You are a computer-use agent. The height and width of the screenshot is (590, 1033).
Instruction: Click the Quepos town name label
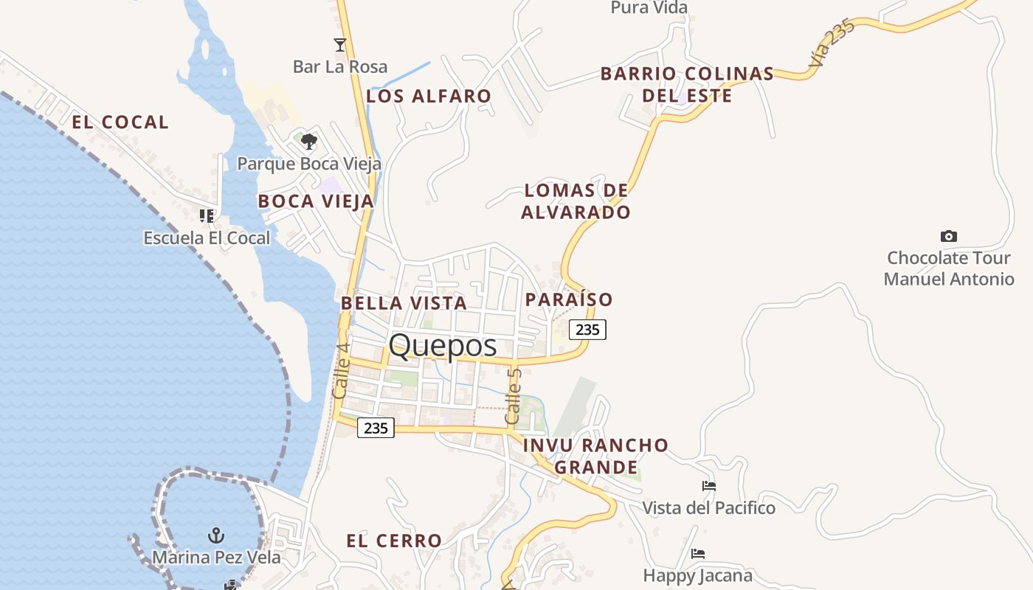tap(443, 345)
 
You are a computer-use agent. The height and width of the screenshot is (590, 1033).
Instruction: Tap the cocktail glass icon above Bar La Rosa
tap(339, 45)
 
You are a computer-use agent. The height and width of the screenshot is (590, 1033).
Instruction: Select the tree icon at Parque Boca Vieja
tap(309, 140)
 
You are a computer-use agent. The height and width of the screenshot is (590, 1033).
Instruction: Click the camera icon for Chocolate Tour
tap(949, 236)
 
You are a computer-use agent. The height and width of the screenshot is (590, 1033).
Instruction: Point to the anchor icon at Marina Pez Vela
tap(216, 535)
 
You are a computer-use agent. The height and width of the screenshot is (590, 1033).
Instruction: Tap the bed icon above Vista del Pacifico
tap(709, 486)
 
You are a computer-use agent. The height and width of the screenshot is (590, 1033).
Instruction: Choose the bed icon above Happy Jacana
tap(698, 553)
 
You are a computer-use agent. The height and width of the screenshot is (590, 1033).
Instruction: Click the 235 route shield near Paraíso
tap(587, 330)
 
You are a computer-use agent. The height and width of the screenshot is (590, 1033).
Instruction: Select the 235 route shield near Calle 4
tap(376, 427)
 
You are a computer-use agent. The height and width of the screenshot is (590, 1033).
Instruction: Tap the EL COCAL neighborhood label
tap(120, 122)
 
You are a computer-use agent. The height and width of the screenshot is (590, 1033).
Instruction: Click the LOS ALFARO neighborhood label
tap(429, 96)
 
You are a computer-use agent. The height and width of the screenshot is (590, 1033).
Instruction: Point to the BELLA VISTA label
tap(404, 303)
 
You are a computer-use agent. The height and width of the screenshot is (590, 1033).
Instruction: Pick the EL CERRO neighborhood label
tap(394, 541)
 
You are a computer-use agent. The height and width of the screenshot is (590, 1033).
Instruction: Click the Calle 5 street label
tap(514, 396)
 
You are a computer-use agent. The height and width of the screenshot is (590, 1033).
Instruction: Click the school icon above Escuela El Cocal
tap(207, 216)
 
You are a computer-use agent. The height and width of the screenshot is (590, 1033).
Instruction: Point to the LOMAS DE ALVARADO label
tap(576, 201)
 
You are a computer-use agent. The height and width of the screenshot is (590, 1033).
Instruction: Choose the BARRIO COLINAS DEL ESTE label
tap(687, 84)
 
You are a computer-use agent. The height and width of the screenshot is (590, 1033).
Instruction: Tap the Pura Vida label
tap(649, 8)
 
